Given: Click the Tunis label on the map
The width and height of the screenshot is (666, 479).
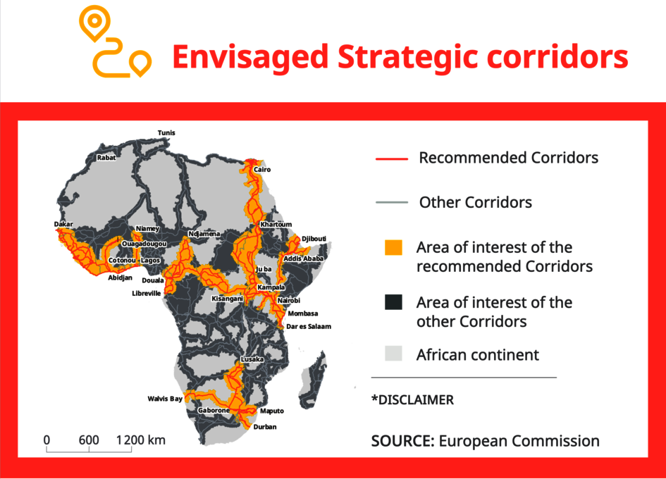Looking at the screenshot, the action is click(x=166, y=133).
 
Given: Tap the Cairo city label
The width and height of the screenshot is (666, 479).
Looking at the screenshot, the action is click(x=262, y=170).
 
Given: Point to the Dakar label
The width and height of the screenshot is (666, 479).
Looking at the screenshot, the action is click(x=63, y=224).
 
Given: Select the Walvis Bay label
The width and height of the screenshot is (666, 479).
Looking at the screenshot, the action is click(x=165, y=399).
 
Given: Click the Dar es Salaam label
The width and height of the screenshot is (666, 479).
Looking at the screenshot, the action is click(x=309, y=327).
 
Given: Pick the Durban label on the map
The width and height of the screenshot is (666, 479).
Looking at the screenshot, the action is click(x=264, y=427).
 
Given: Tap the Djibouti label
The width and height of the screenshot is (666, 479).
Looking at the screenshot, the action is click(x=314, y=239).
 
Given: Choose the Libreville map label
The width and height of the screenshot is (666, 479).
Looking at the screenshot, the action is click(x=146, y=294).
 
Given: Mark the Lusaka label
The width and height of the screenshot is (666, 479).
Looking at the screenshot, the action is click(x=252, y=359).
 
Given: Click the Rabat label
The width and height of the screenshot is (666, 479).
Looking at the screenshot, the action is click(x=106, y=158).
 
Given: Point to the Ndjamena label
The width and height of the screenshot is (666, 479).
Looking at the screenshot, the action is click(x=204, y=234).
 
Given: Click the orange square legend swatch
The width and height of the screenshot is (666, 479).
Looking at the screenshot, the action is click(x=393, y=247).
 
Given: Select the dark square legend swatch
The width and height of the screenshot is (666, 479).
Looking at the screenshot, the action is click(x=393, y=302).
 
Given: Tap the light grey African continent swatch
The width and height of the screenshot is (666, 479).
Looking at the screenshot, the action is click(x=393, y=354).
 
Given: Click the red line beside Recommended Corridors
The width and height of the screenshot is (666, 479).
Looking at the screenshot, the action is click(x=392, y=158).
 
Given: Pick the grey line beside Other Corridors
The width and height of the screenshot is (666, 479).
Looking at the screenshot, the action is click(x=392, y=203).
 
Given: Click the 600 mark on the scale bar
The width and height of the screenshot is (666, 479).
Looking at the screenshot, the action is click(x=89, y=440).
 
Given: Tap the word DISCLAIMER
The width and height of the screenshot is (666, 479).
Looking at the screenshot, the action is click(x=416, y=400).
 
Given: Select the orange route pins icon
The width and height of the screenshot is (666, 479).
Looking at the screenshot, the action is click(x=115, y=42).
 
